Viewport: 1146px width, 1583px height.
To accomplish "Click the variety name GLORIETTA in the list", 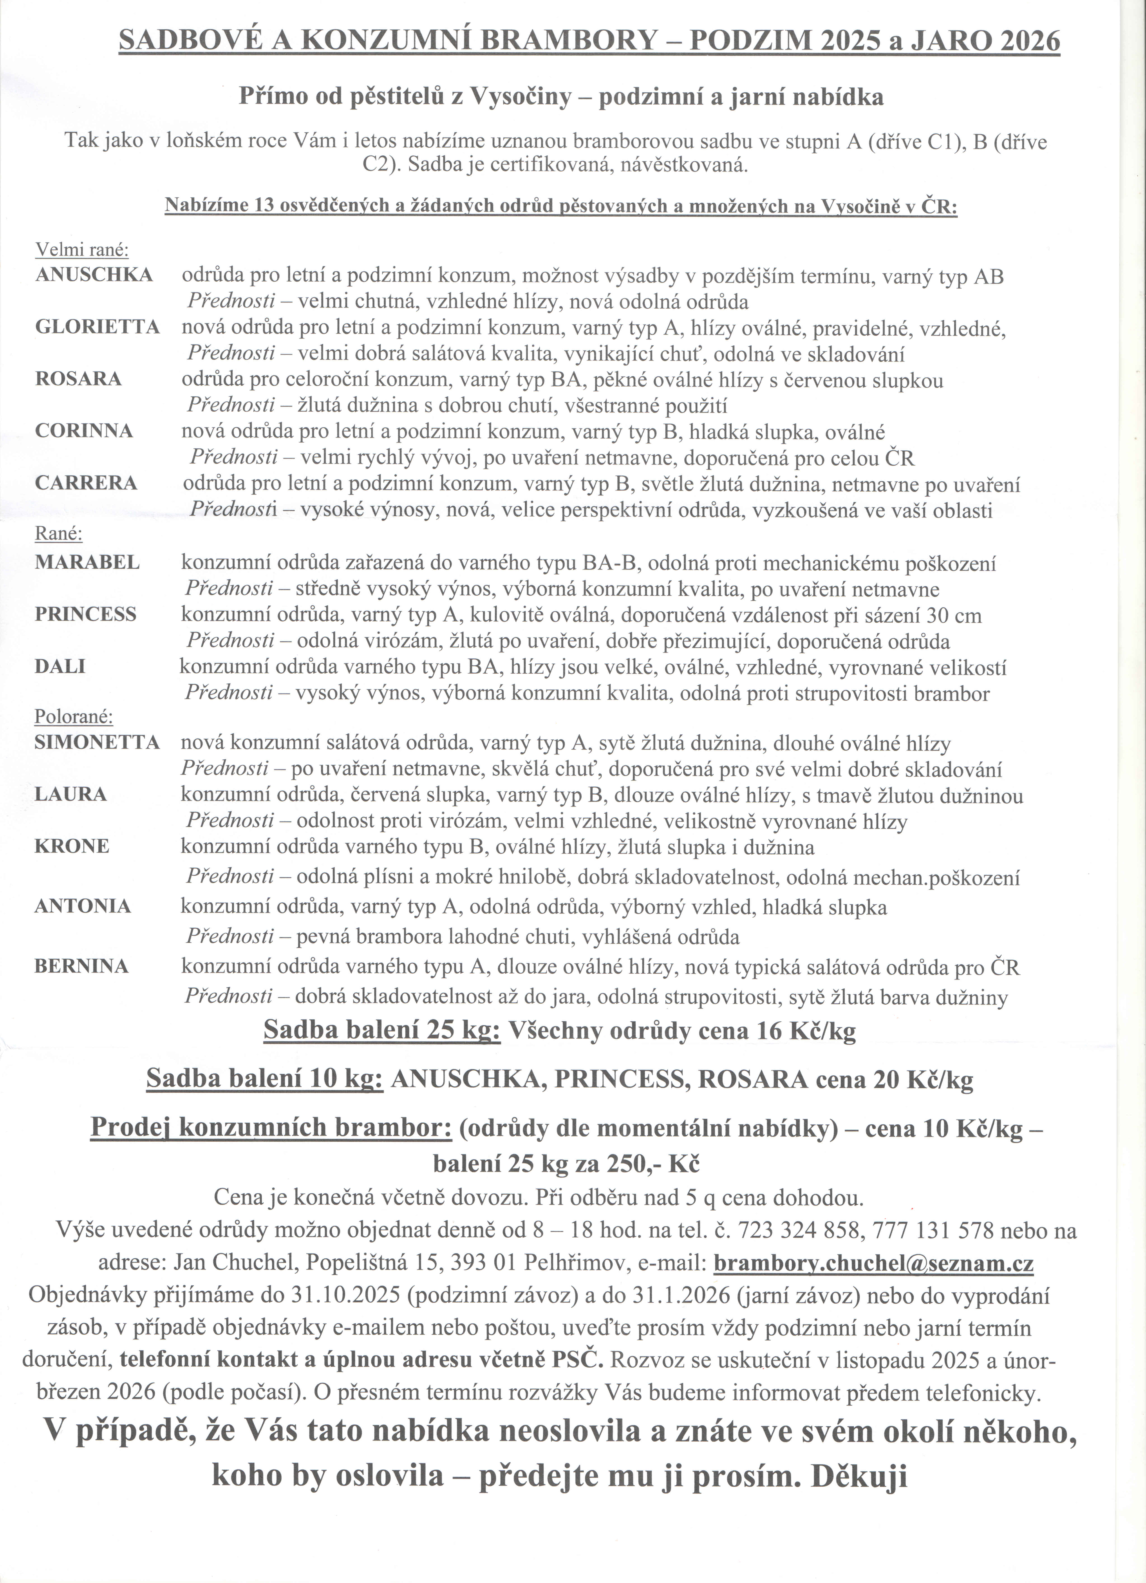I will (x=97, y=327).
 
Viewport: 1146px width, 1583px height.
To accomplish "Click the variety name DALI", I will (x=60, y=667).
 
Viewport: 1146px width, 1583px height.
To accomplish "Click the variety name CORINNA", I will (x=84, y=431).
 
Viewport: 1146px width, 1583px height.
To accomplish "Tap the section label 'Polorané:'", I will (x=74, y=717).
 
